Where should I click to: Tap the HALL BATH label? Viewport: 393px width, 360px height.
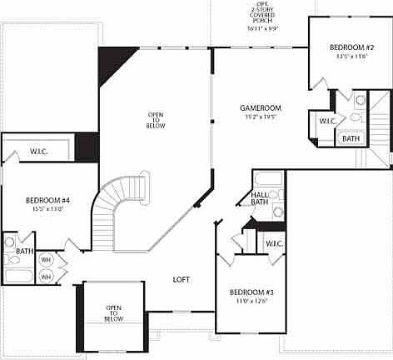click(260, 198)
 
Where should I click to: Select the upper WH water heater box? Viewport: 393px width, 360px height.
click(46, 260)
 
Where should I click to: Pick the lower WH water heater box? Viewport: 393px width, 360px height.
click(46, 276)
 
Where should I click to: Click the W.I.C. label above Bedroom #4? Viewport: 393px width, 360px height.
click(39, 152)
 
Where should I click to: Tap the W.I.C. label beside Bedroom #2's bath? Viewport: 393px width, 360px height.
click(326, 121)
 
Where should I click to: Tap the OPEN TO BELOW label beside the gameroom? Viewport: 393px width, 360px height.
click(157, 120)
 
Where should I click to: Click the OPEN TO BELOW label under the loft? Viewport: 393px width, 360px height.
click(114, 315)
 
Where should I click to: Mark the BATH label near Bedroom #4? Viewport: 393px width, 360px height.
click(23, 251)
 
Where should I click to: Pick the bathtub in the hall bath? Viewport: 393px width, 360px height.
click(266, 179)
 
